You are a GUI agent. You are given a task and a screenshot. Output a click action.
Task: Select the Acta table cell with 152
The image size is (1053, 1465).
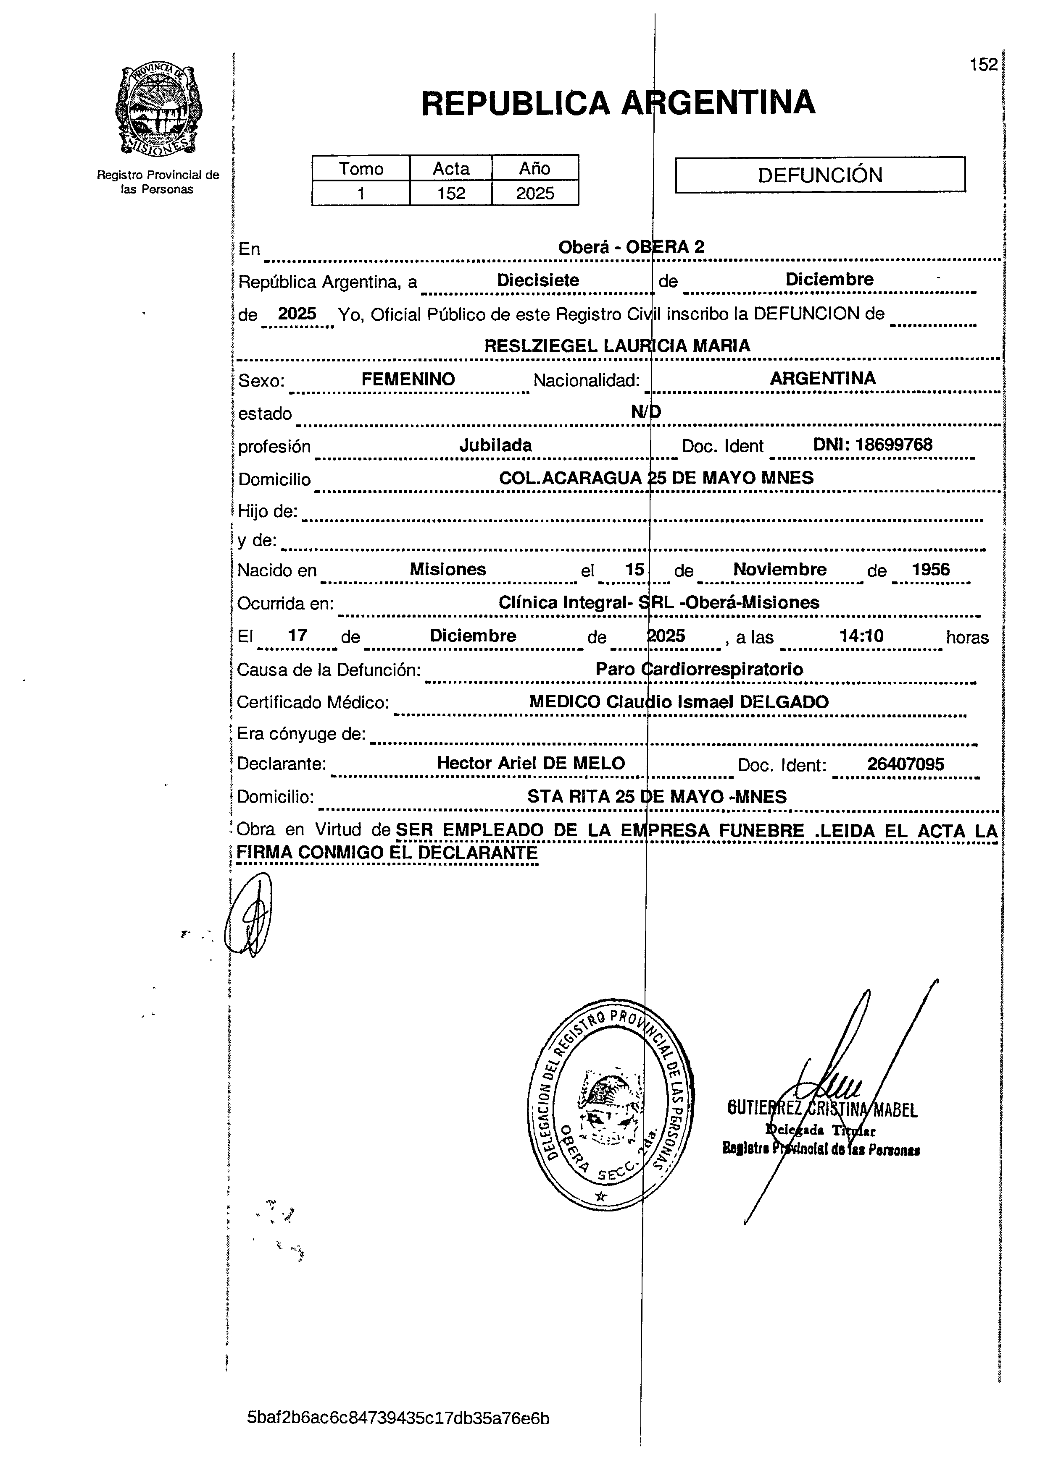pos(450,193)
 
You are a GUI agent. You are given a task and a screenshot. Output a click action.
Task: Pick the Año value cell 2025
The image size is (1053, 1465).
pos(535,193)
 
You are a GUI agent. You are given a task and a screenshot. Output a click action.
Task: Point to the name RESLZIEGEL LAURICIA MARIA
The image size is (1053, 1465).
pos(617,345)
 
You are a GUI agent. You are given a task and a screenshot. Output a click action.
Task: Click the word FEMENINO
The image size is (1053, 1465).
pos(408,379)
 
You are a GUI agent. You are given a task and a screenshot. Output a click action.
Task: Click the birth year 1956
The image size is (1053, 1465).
pos(930,569)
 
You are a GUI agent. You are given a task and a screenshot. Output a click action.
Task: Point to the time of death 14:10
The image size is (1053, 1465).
pos(861,636)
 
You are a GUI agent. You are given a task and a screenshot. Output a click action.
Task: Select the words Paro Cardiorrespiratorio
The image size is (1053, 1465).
pos(700,669)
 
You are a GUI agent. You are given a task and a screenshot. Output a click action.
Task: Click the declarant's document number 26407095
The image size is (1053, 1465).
pos(905,764)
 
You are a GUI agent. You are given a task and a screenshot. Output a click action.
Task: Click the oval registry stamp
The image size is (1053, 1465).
pos(611,1104)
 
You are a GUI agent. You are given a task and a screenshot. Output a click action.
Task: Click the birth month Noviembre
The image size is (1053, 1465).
pos(779,569)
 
